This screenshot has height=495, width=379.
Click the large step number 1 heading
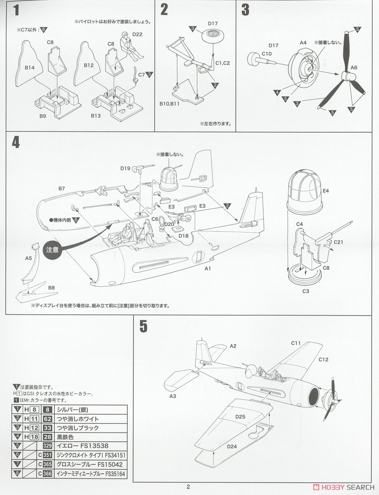[x=16, y=10]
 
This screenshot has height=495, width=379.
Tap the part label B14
[x=29, y=68]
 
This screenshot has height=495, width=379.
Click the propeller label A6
[x=354, y=68]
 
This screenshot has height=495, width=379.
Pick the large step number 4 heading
[x=16, y=142]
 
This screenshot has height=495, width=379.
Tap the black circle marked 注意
[x=52, y=250]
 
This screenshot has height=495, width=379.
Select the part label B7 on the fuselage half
[x=61, y=189]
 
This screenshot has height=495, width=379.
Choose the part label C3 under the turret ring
[x=306, y=291]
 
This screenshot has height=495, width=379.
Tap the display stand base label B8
[x=51, y=288]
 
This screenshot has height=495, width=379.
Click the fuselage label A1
[x=208, y=269]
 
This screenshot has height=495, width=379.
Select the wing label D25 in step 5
[x=240, y=417]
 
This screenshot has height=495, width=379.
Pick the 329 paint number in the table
[x=47, y=446]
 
